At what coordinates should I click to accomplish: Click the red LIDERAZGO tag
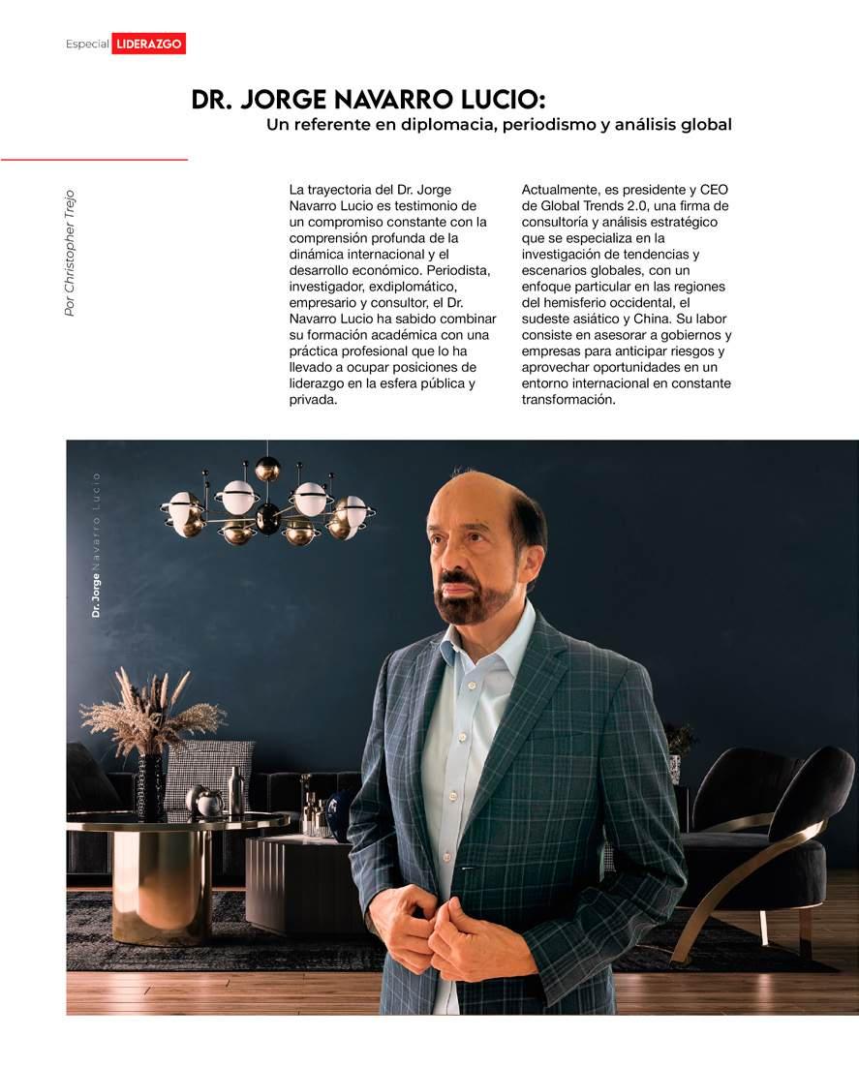coord(148,44)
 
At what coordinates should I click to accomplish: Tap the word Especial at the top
coord(86,45)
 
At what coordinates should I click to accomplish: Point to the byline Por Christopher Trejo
coord(69,252)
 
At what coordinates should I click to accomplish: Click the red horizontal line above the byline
coord(94,159)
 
